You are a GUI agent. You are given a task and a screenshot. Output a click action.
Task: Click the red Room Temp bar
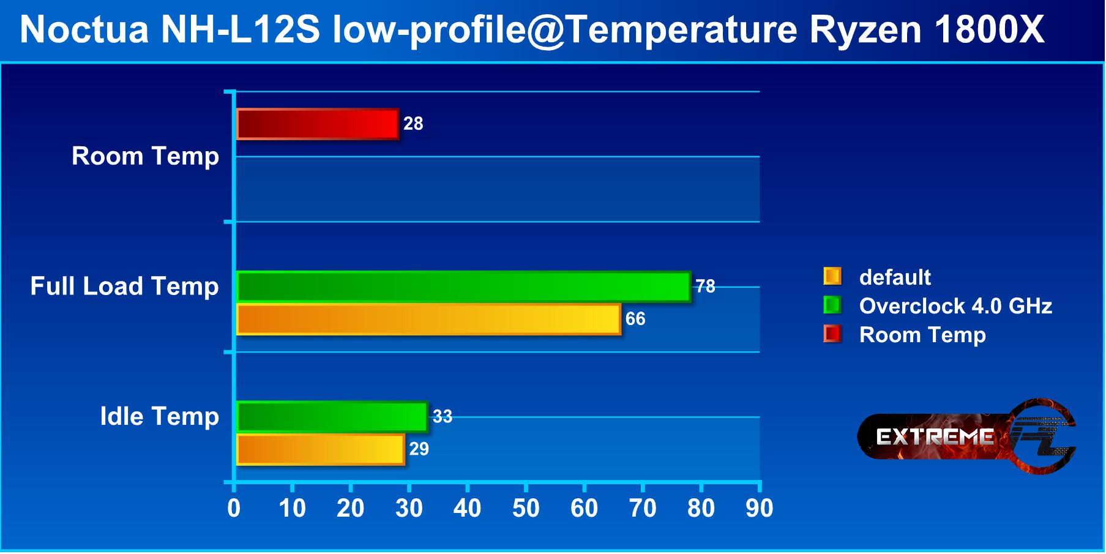pos(317,124)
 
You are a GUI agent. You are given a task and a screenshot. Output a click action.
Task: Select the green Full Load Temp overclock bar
pos(463,287)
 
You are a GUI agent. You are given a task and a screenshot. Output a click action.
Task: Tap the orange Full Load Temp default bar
pos(428,320)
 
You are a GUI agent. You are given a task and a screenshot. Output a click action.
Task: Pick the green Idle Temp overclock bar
pos(332,417)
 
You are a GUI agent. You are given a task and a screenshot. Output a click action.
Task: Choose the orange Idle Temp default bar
pos(320,449)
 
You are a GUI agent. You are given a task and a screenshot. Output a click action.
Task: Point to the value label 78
pos(705,286)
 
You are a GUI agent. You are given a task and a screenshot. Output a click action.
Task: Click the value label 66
pos(635,319)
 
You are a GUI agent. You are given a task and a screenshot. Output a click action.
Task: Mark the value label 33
pos(442,417)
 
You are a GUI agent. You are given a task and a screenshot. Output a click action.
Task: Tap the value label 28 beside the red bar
pos(413,124)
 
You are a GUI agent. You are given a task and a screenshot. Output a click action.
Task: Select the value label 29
pos(419,449)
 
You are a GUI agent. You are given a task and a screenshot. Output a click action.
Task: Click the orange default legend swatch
pos(832,277)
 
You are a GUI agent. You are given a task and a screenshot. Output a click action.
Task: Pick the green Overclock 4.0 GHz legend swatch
pos(832,305)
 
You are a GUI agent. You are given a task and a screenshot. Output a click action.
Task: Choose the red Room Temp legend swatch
pos(832,334)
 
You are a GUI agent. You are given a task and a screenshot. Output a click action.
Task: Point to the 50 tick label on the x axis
pos(526,509)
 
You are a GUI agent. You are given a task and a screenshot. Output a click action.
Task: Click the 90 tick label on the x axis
pos(759,509)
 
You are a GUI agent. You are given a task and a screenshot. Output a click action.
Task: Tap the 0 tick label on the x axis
pos(234,509)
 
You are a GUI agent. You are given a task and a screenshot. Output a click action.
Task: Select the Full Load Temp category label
pos(124,286)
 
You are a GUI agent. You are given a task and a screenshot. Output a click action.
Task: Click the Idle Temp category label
pos(159,417)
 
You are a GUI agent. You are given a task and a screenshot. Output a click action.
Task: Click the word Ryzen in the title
pos(865,29)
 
